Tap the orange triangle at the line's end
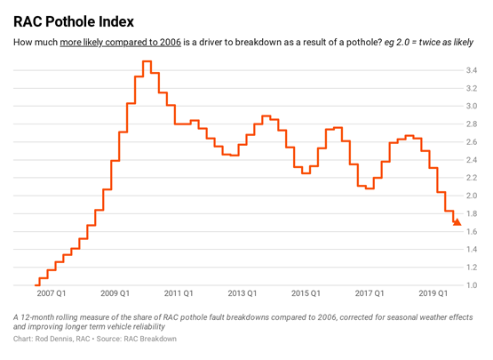click(x=457, y=222)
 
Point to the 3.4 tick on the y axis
click(x=471, y=69)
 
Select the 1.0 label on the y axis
click(x=471, y=285)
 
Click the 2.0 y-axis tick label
click(x=471, y=196)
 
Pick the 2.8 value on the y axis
click(x=471, y=124)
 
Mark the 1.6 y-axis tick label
click(x=471, y=231)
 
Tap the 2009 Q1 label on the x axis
click(x=115, y=292)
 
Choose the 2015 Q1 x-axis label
click(x=305, y=292)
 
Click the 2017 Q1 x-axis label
click(x=368, y=292)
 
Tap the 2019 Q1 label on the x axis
click(x=432, y=292)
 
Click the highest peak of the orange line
click(x=147, y=61)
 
